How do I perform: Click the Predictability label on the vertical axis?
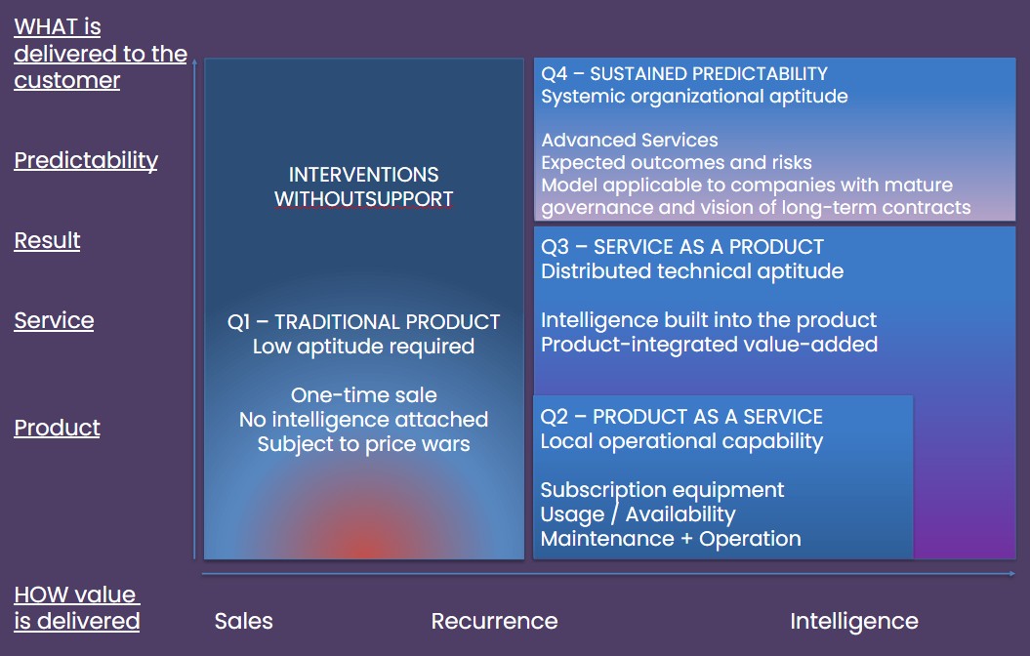[86, 161]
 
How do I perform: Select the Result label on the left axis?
[47, 240]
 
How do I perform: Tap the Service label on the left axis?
[54, 320]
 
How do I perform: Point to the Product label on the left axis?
[58, 428]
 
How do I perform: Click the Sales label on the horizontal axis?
[244, 621]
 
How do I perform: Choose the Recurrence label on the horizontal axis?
[495, 621]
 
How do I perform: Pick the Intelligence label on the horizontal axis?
[854, 621]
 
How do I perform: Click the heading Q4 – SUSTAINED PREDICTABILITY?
[683, 73]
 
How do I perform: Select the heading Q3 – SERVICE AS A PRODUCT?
[681, 247]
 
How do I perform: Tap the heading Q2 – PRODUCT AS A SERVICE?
[681, 417]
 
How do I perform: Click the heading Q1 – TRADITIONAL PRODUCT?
[363, 322]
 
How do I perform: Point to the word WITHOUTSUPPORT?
[363, 199]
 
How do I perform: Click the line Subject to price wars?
[363, 444]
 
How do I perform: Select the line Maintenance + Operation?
[671, 539]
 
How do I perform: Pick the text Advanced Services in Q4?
[630, 140]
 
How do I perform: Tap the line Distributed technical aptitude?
[691, 271]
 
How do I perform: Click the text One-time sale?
[363, 395]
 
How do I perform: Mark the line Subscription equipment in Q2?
[662, 490]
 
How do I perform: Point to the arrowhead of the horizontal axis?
[1012, 574]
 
